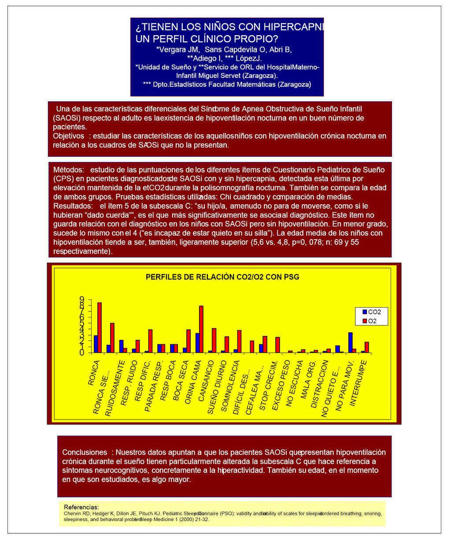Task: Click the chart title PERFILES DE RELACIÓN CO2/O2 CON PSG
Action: point(222,277)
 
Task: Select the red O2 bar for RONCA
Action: point(100,328)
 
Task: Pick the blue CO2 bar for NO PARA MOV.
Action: point(350,343)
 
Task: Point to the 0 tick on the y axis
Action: point(82,353)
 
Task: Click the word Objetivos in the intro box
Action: point(68,136)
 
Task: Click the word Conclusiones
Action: point(85,452)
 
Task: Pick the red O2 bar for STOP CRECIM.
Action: point(277,345)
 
